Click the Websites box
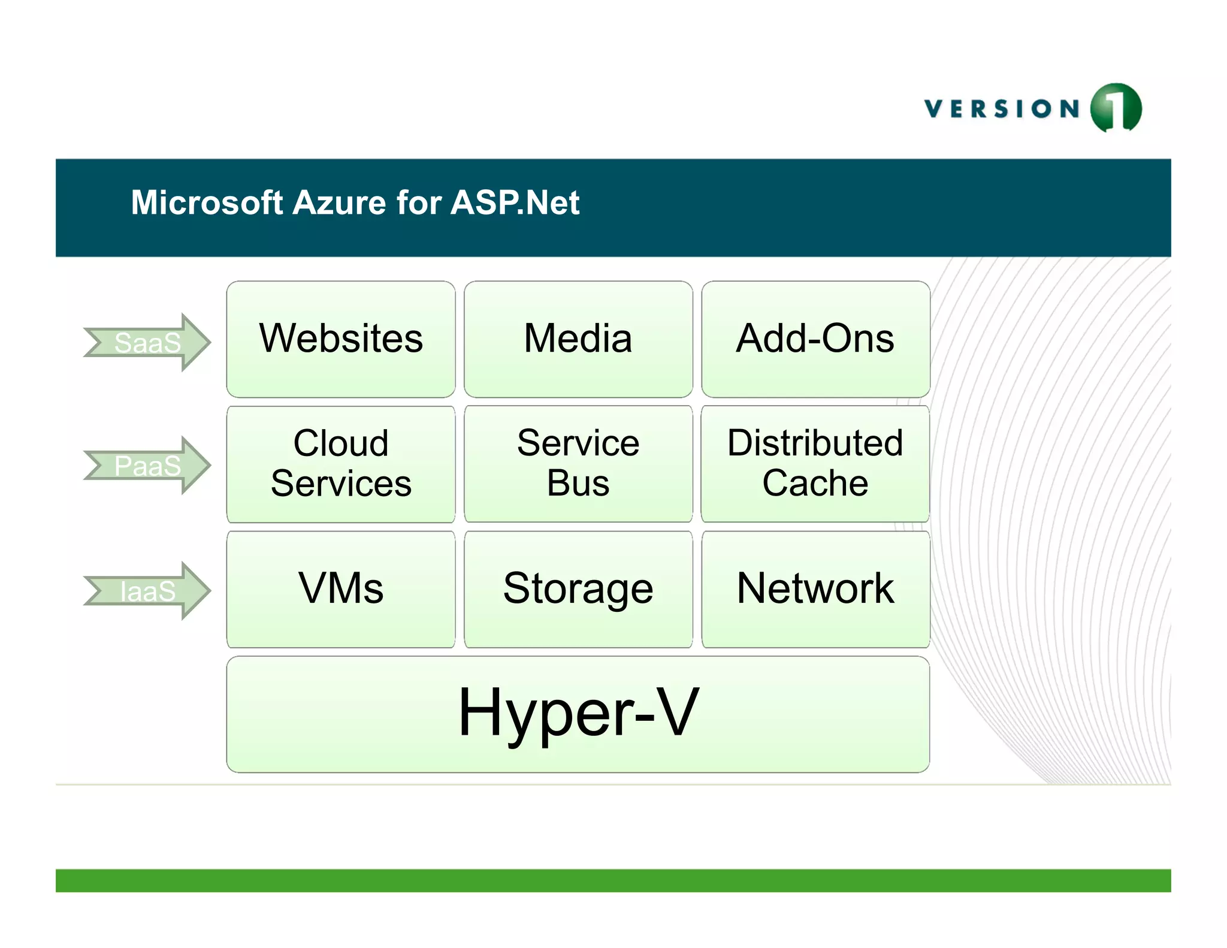340,339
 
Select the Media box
578,339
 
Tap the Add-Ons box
815,339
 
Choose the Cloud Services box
340,463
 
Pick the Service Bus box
578,463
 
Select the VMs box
340,588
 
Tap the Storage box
578,588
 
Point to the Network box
815,588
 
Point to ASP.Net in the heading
515,203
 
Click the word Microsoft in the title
207,203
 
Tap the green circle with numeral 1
1116,108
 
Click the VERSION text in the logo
1002,109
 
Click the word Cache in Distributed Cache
815,483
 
